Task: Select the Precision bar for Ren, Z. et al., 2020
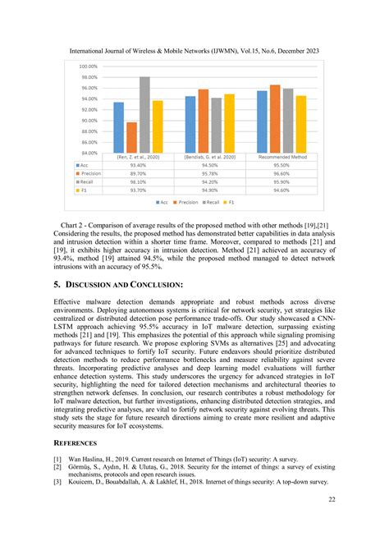pos(132,137)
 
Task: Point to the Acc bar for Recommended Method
pos(262,121)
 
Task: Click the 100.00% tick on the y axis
pos(88,66)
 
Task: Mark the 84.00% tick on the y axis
pos(88,152)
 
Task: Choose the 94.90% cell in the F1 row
pos(210,190)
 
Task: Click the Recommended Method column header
pos(281,156)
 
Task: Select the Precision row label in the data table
pos(90,173)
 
